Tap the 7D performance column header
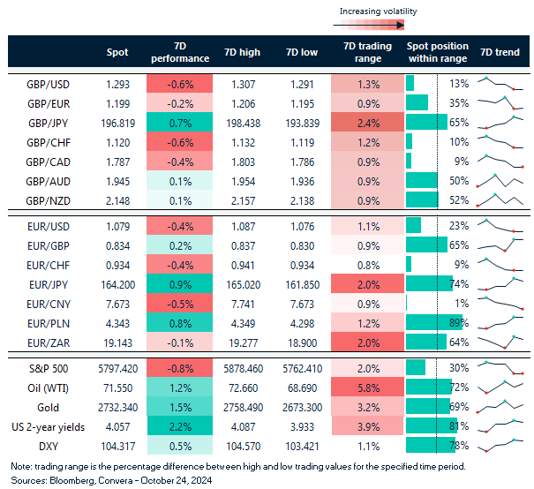[x=180, y=52]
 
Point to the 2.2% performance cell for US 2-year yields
[x=180, y=430]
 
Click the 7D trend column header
[x=500, y=52]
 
